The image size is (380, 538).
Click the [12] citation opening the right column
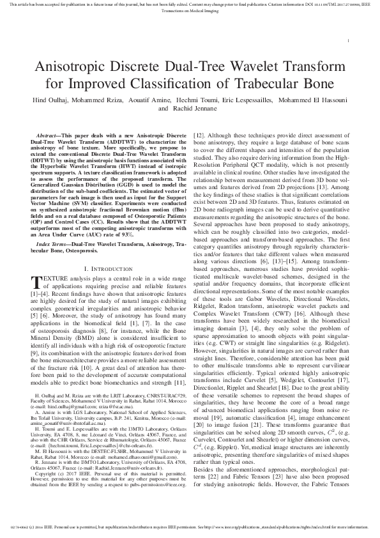[x=199, y=136]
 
